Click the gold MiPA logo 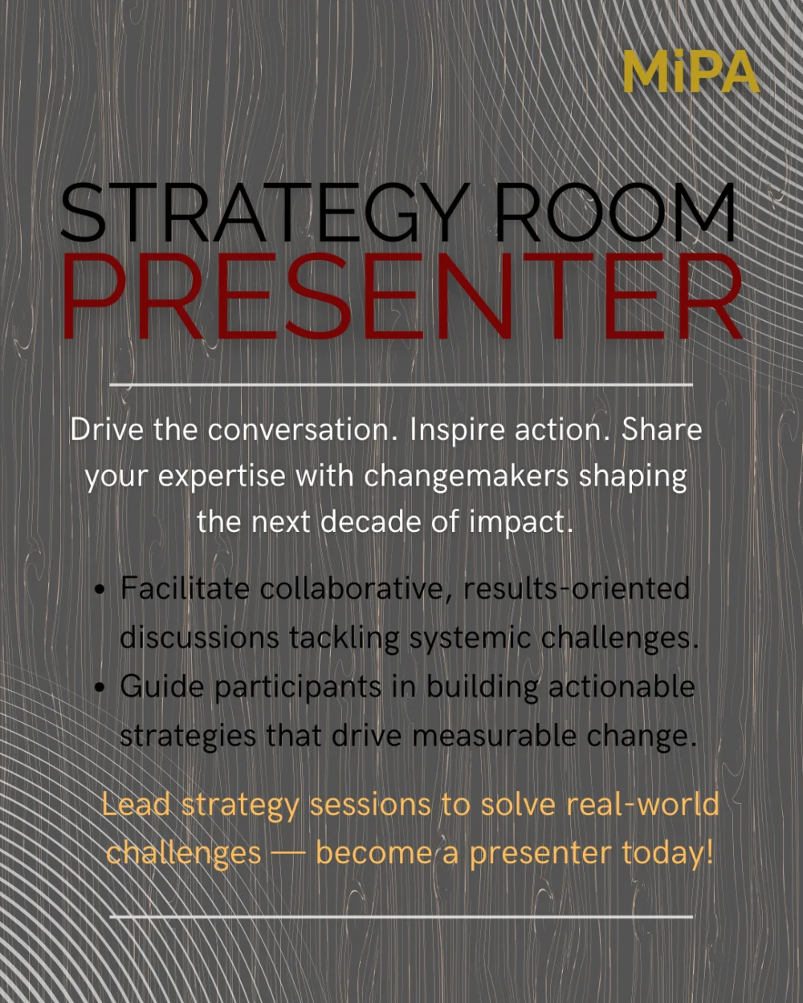pyautogui.click(x=691, y=71)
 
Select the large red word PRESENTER pyautogui.click(x=402, y=296)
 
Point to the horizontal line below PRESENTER pyautogui.click(x=401, y=385)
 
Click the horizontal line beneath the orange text pyautogui.click(x=401, y=917)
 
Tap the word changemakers pyautogui.click(x=466, y=477)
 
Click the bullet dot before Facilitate pyautogui.click(x=100, y=590)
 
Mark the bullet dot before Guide pyautogui.click(x=100, y=688)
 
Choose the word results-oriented pyautogui.click(x=577, y=588)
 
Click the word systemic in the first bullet pyautogui.click(x=471, y=639)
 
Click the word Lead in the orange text pyautogui.click(x=136, y=805)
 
